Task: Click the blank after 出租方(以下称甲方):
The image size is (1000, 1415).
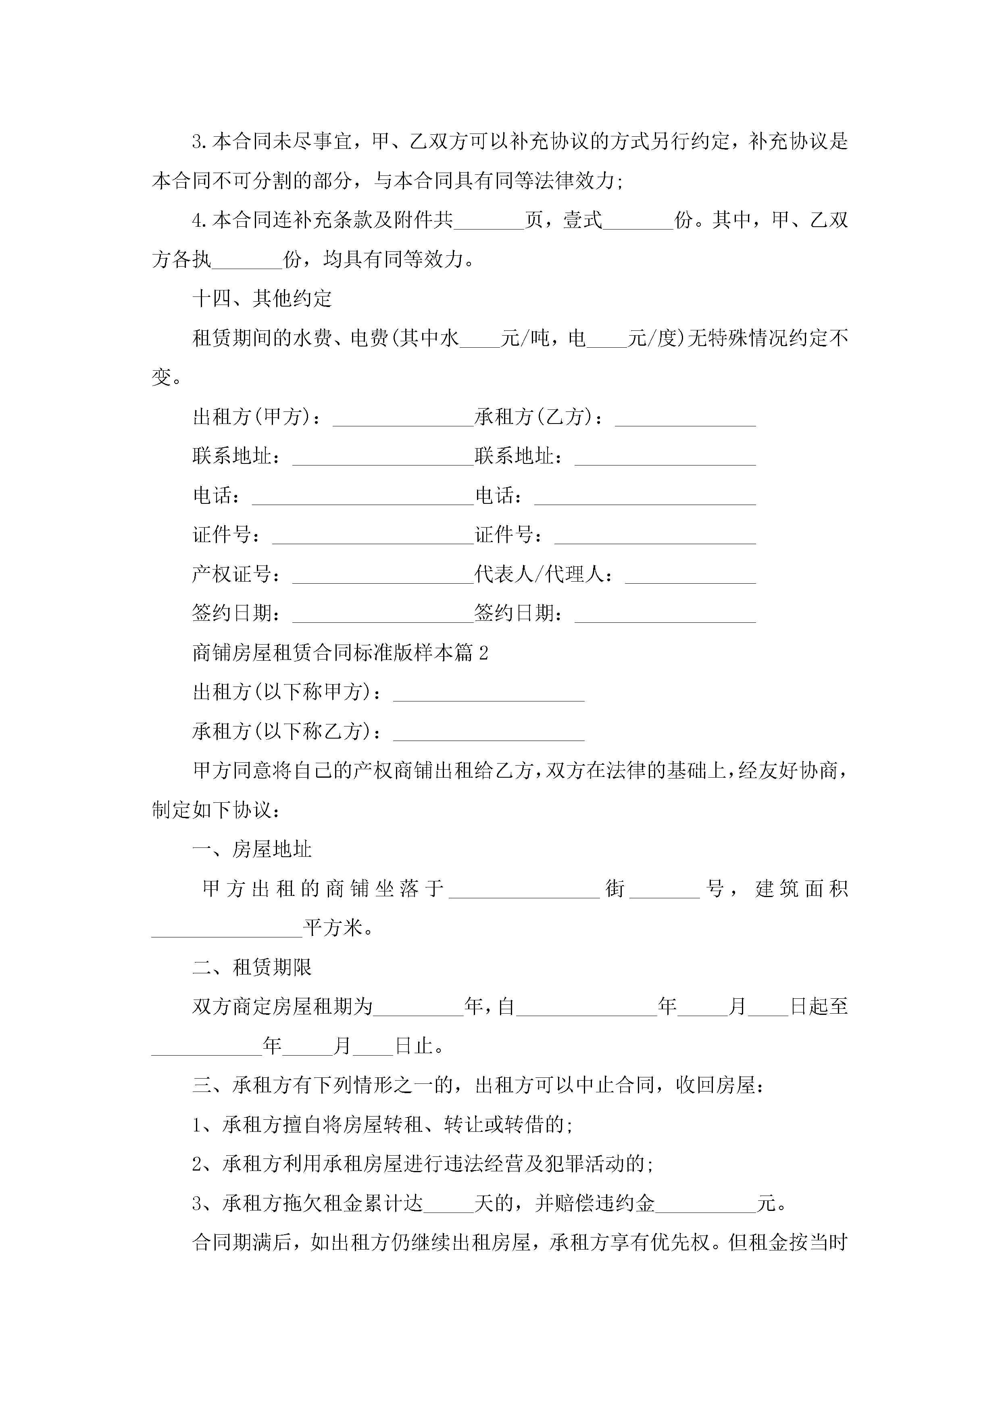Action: [x=489, y=693]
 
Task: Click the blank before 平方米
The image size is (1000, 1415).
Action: [x=227, y=929]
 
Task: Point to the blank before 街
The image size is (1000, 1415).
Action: [x=524, y=889]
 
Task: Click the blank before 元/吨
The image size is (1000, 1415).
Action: [x=480, y=339]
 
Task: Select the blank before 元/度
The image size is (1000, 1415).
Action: [x=606, y=339]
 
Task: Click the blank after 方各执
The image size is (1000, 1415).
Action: [x=246, y=260]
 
